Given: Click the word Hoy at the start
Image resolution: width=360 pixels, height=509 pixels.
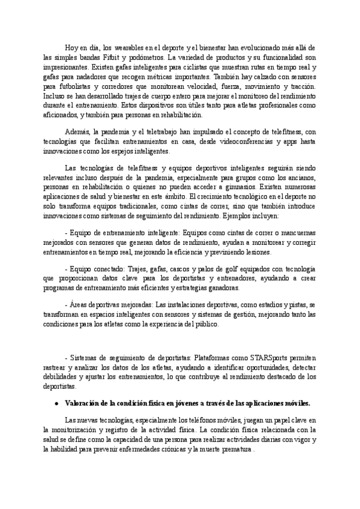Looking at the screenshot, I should [x=71, y=47].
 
